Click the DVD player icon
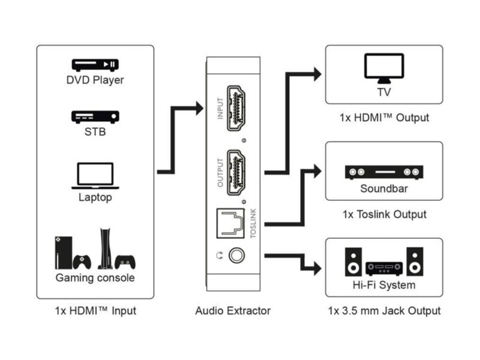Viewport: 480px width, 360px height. tap(95, 65)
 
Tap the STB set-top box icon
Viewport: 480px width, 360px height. tap(95, 116)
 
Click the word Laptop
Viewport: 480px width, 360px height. tap(95, 197)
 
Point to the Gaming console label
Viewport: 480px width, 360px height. tap(95, 278)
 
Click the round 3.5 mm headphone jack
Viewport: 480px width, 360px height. tap(238, 256)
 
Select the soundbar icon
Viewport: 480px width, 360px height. tap(384, 173)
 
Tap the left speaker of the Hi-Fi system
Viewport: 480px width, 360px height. tap(353, 262)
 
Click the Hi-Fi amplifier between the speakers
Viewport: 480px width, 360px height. tap(384, 266)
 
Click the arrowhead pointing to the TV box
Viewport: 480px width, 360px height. tap(316, 74)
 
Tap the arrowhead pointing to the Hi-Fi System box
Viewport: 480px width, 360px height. tap(316, 266)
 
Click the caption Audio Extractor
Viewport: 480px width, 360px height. tap(233, 311)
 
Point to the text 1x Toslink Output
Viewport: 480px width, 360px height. tap(384, 214)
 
